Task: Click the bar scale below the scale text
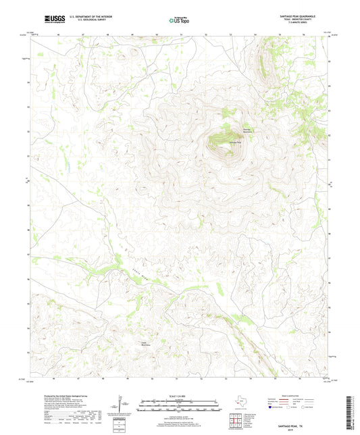(179, 407)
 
